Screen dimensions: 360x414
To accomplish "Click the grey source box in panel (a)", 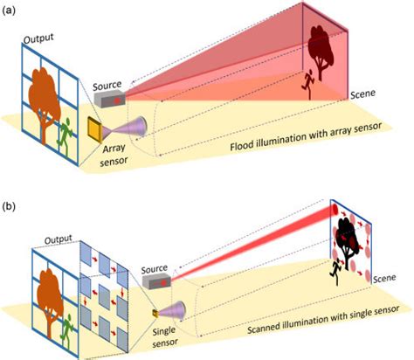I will point(111,101).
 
